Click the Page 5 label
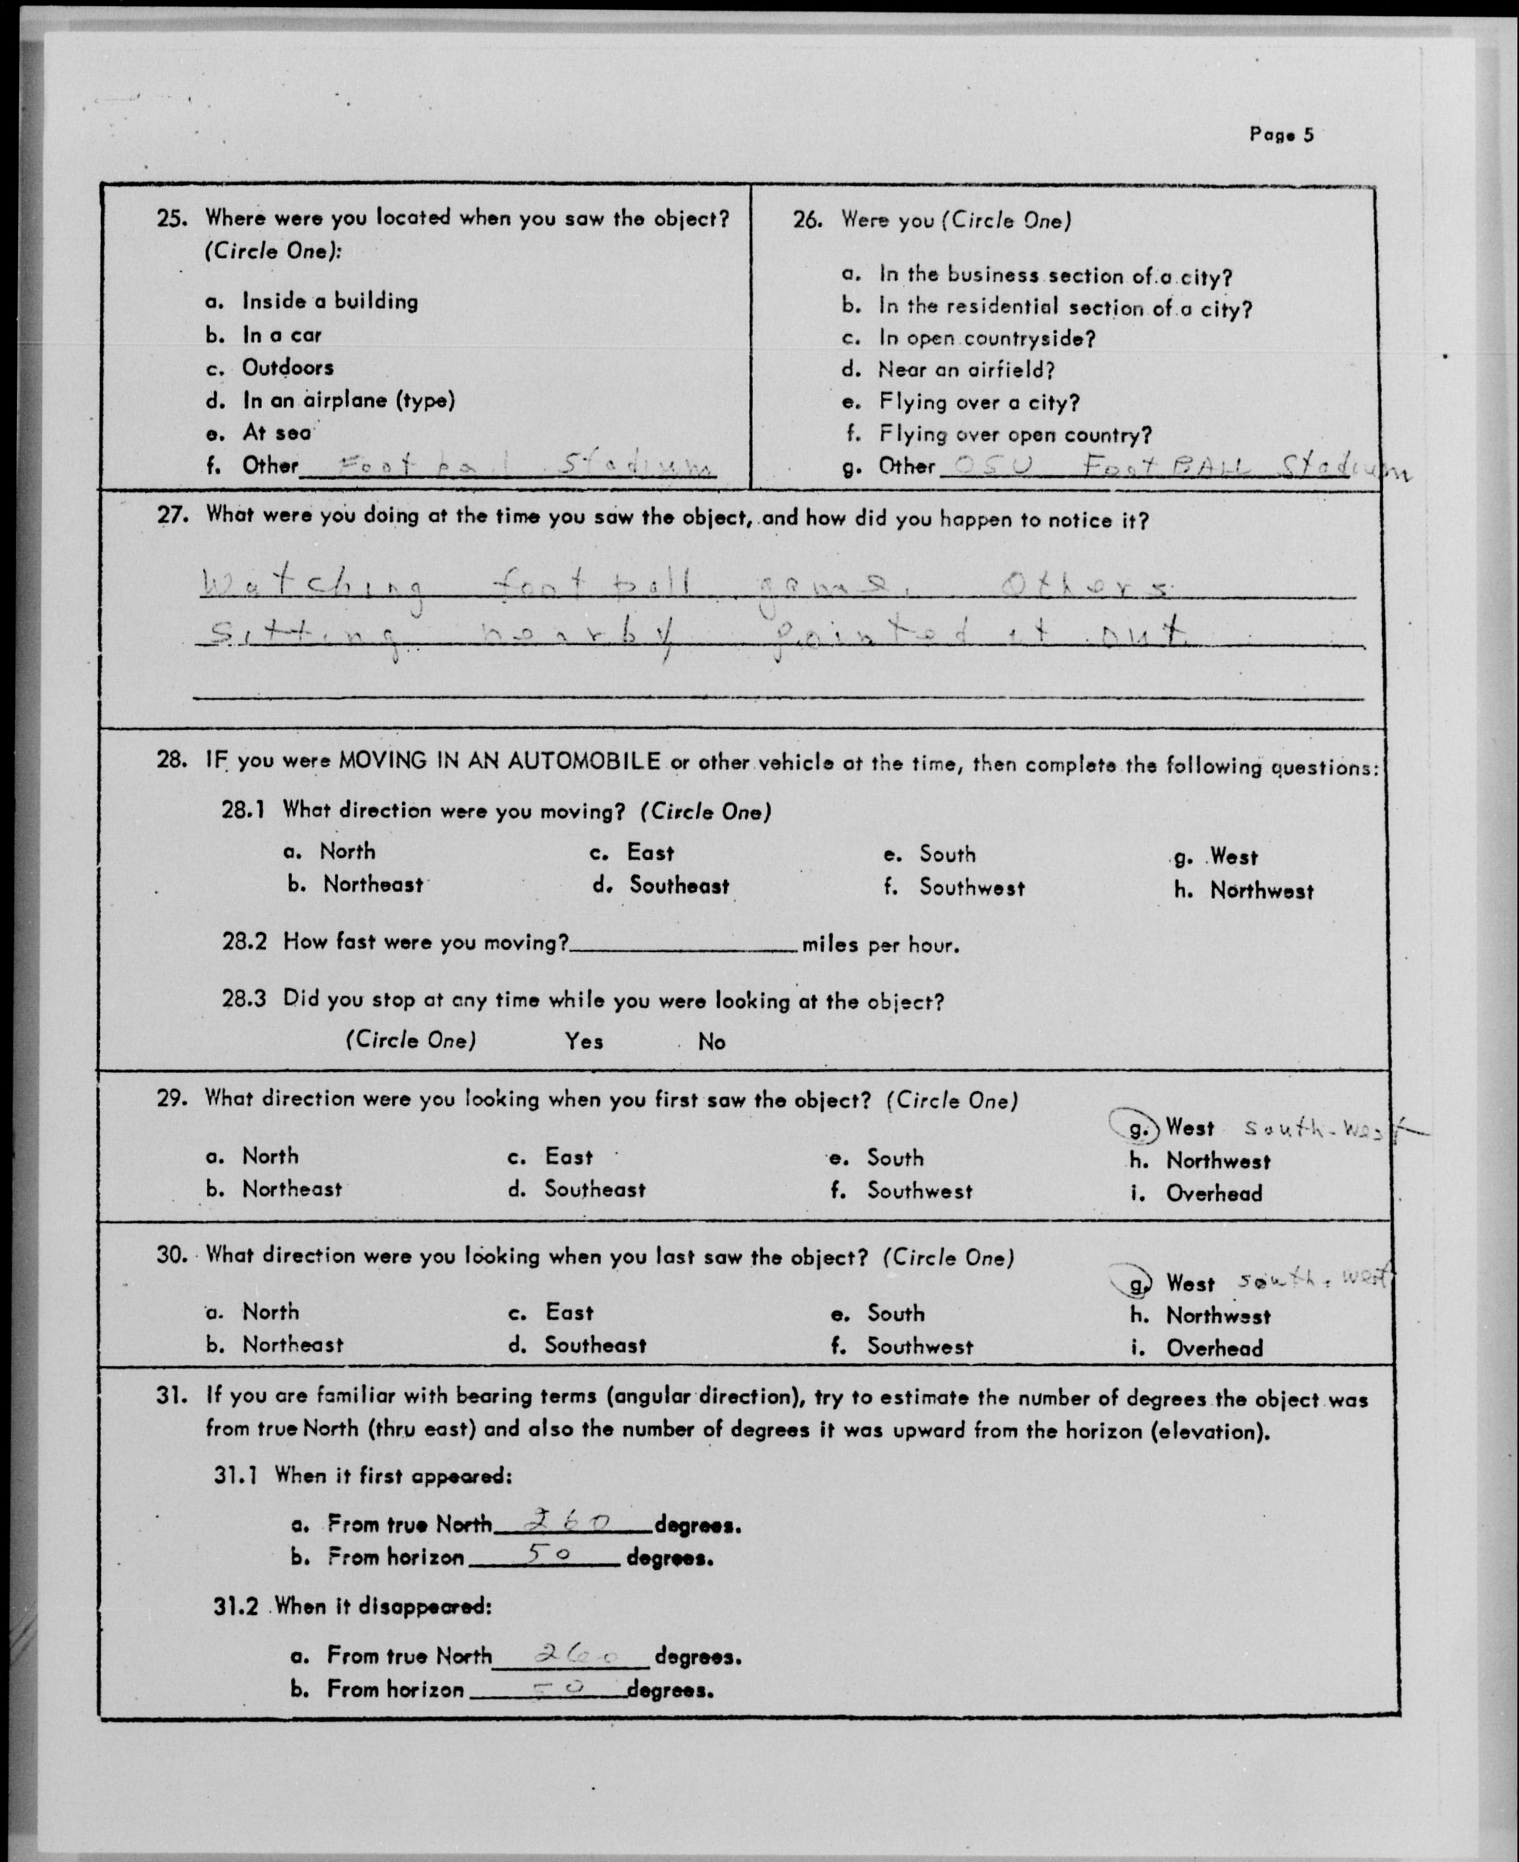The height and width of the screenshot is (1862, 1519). (x=1281, y=135)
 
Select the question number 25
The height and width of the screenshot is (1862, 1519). (x=172, y=218)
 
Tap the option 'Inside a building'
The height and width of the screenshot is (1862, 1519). (x=330, y=302)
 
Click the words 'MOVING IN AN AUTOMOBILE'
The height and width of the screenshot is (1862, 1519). (x=499, y=760)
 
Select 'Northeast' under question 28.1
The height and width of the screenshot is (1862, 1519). (x=373, y=884)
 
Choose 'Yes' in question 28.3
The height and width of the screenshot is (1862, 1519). (x=584, y=1041)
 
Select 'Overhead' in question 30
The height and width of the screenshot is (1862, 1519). (x=1213, y=1348)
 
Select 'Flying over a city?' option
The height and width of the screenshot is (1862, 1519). (x=979, y=402)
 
